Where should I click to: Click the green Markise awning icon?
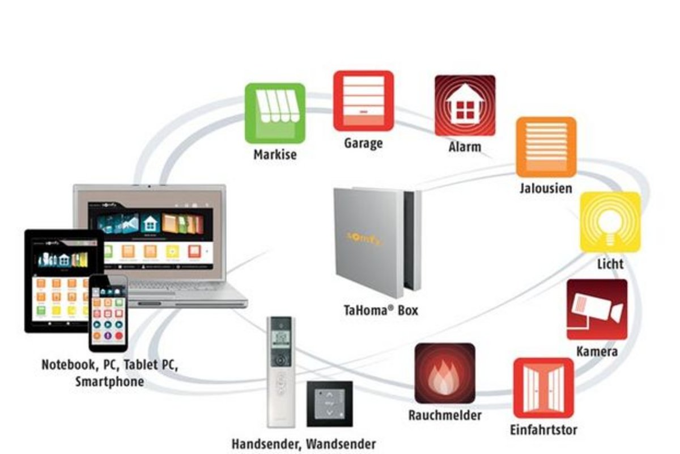[275, 113]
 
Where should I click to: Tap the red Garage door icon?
[363, 100]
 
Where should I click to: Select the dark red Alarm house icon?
[465, 105]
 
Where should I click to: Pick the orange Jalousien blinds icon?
[546, 147]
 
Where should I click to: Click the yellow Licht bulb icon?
[610, 222]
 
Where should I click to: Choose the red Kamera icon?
[597, 309]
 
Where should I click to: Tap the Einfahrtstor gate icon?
[543, 388]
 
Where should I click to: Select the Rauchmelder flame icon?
[445, 373]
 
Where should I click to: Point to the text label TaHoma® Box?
[381, 310]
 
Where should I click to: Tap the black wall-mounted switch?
[330, 403]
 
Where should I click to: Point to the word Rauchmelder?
[445, 415]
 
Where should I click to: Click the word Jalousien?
[546, 188]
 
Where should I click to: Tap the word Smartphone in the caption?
[109, 381]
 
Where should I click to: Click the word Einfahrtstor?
[543, 429]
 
